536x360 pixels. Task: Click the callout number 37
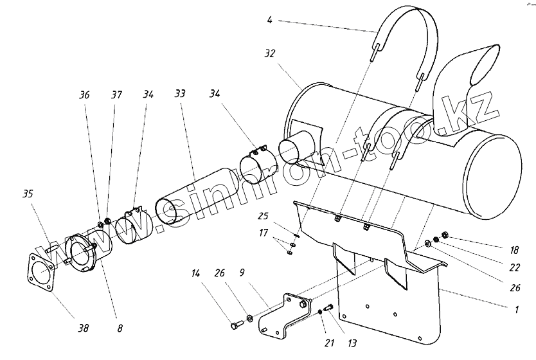[116, 94]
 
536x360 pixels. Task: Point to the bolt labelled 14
[234, 327]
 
